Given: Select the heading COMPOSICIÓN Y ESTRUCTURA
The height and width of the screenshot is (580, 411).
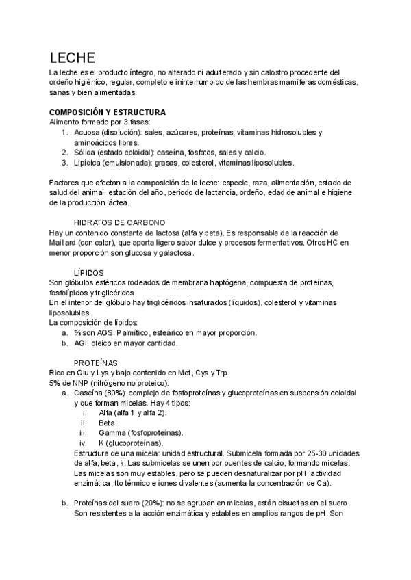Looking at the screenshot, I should [x=108, y=111].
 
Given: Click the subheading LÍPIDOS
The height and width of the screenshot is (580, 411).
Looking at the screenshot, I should [x=88, y=272].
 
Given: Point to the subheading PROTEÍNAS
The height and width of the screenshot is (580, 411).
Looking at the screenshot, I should [x=95, y=362].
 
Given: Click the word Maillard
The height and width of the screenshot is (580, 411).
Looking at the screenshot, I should [x=65, y=243].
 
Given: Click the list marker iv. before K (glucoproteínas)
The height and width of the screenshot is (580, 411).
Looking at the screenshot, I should [x=84, y=443].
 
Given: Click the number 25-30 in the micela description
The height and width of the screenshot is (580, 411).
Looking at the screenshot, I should [x=302, y=453].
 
